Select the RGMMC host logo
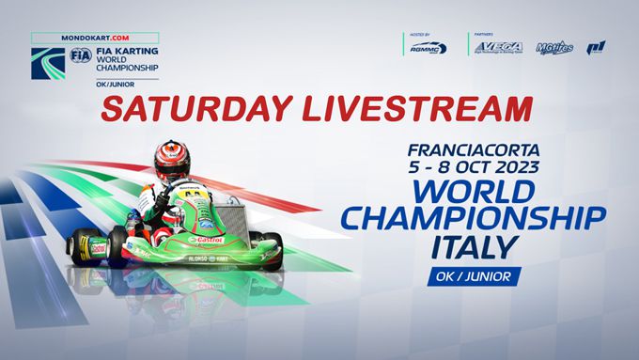tap(428, 47)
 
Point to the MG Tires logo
tap(554, 46)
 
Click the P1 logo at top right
tap(596, 47)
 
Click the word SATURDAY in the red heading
tap(190, 109)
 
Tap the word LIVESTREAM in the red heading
tap(406, 109)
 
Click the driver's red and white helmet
tap(172, 160)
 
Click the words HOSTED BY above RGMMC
tap(419, 35)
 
